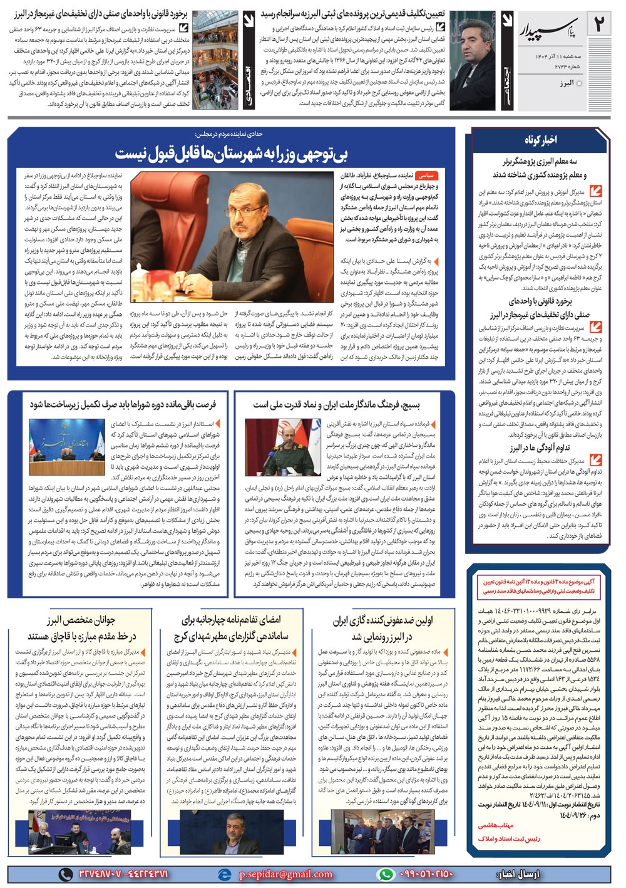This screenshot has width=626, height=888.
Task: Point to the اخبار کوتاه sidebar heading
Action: coord(540,140)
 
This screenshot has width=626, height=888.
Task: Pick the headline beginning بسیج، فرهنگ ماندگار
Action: coord(336,405)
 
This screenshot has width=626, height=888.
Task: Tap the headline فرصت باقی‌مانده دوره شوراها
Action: coord(123,405)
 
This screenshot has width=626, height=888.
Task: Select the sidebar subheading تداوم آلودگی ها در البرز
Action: coord(539,447)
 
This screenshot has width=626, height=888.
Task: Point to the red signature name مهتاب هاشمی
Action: coord(496,825)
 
